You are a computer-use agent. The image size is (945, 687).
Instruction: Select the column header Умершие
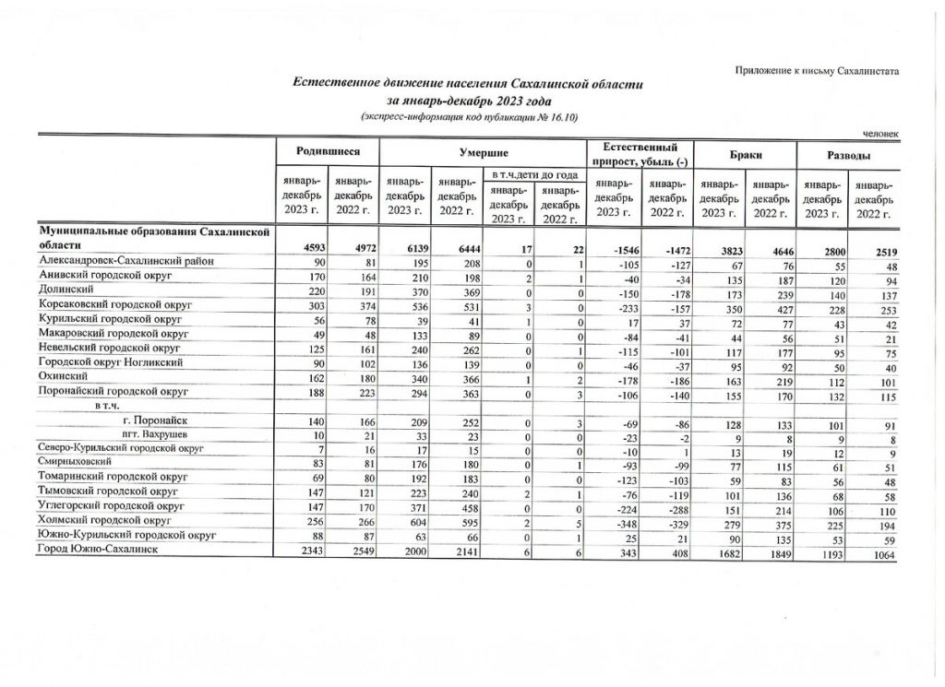click(x=484, y=150)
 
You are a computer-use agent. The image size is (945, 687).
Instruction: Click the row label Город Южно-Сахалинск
click(x=95, y=551)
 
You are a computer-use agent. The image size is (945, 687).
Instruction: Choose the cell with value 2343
click(x=305, y=551)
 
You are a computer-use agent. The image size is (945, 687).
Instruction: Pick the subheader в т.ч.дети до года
click(x=534, y=174)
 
